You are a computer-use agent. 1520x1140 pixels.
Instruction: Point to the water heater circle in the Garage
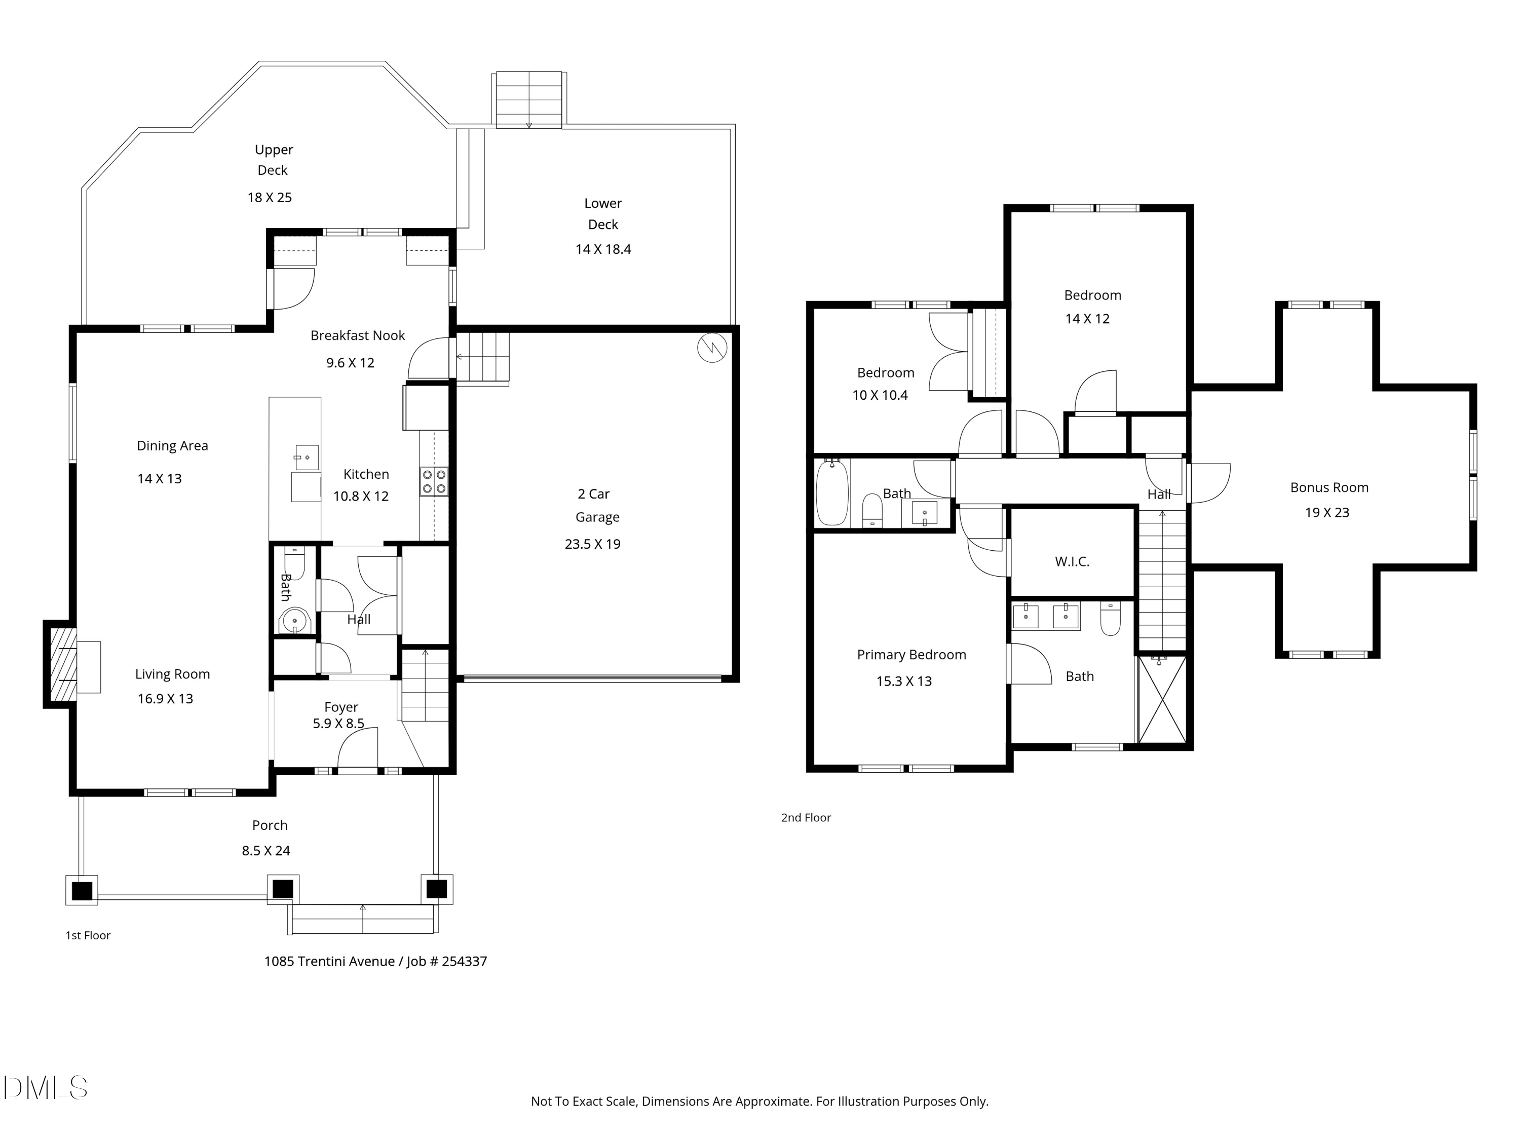[712, 348]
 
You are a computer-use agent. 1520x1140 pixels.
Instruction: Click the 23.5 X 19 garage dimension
[592, 544]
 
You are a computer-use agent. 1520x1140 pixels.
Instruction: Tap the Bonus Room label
[1329, 487]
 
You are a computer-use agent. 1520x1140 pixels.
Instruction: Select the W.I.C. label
[1072, 561]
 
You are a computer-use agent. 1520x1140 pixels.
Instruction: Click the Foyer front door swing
[358, 749]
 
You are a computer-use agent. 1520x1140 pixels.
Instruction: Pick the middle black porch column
[282, 889]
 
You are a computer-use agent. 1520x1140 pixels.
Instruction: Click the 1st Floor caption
[88, 935]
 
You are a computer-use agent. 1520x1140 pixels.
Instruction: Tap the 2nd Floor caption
[806, 818]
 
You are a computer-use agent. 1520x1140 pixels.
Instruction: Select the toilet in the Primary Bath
[1111, 618]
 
